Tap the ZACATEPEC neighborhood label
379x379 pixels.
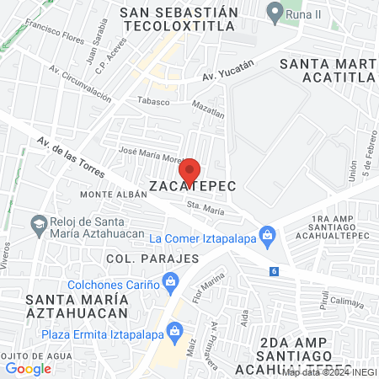coord(190,184)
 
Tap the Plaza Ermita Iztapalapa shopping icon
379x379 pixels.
coord(175,329)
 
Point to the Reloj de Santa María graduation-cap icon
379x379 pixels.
coord(38,225)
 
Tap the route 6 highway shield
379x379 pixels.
coord(275,270)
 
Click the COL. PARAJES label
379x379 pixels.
coord(152,258)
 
